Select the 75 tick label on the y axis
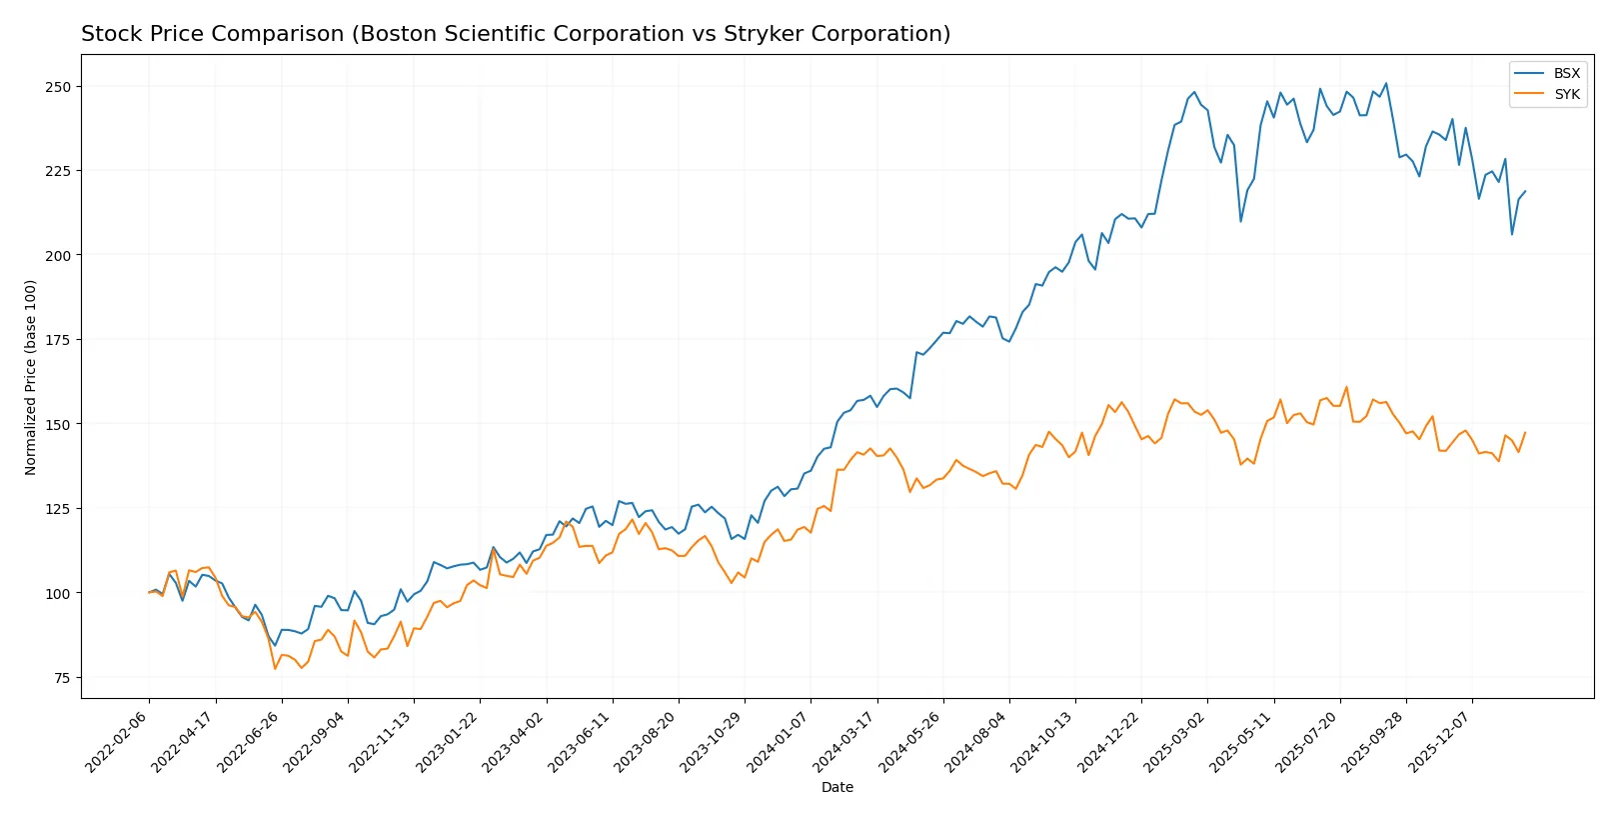click(x=62, y=678)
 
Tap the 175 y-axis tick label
click(x=58, y=340)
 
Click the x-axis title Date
click(x=836, y=787)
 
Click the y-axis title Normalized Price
click(x=31, y=377)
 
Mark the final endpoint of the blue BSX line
click(x=1525, y=191)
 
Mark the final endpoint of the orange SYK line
click(x=1525, y=433)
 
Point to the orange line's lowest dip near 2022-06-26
click(x=275, y=669)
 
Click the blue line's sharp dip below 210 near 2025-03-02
click(x=1240, y=221)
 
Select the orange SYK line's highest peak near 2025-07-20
click(x=1346, y=387)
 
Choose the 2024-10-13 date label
click(x=1045, y=741)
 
